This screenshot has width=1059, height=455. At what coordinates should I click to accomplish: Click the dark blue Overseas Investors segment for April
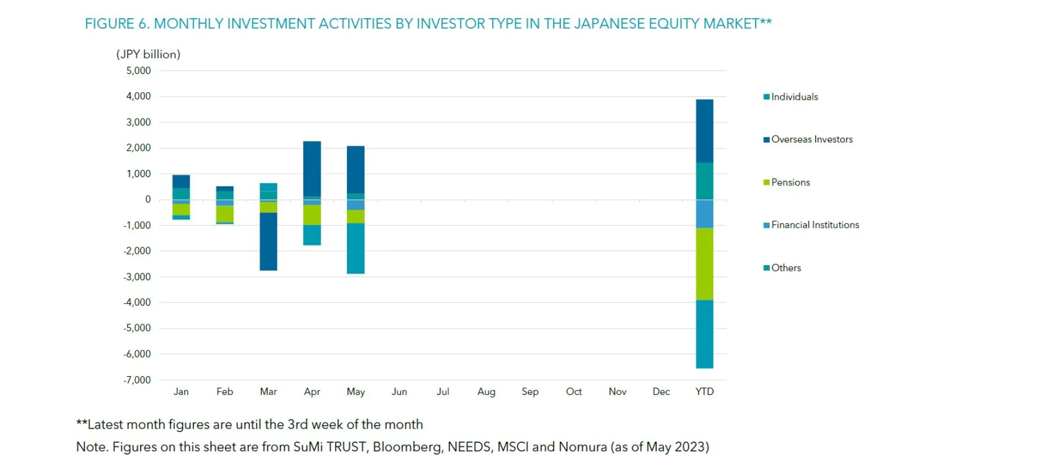point(312,168)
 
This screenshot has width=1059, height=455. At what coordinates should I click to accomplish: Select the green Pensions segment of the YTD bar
point(704,264)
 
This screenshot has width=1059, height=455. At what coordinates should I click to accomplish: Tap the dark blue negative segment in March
point(268,241)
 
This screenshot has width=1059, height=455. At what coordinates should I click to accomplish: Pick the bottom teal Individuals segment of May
point(355,248)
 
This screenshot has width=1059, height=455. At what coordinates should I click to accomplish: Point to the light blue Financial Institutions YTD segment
point(704,214)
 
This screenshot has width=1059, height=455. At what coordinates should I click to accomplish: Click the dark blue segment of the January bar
point(181,181)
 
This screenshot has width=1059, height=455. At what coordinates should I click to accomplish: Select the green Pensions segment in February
point(224,213)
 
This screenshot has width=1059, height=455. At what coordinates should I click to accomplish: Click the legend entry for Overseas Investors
point(811,140)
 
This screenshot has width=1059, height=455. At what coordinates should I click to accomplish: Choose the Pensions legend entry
point(790,183)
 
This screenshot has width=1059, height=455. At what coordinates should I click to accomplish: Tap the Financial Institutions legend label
point(815,225)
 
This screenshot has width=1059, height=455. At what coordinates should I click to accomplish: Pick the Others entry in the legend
point(785,268)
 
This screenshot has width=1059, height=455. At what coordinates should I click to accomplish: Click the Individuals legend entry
point(794,97)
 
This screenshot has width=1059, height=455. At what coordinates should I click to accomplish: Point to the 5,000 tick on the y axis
point(138,71)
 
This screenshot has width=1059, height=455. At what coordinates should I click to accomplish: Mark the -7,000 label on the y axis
point(137,380)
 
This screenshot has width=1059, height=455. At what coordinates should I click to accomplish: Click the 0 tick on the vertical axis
point(148,200)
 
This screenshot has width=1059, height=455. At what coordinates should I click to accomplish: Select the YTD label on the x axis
point(704,392)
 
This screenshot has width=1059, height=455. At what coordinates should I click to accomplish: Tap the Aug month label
point(486,392)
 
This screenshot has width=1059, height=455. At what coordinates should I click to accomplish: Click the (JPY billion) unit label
point(148,54)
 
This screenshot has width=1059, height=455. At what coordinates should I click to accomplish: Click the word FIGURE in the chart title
point(109,24)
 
